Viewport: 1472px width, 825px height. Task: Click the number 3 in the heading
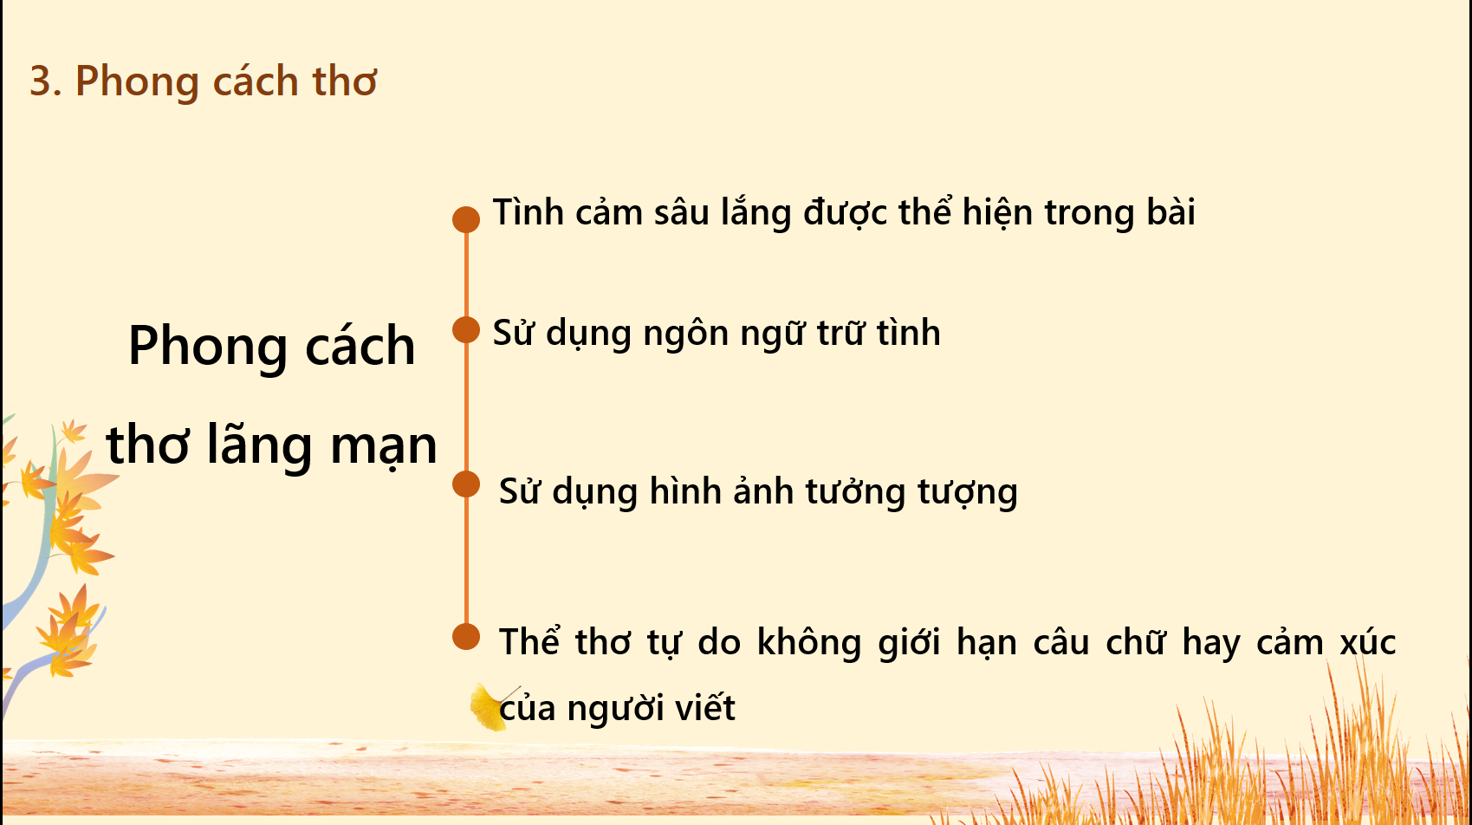point(40,81)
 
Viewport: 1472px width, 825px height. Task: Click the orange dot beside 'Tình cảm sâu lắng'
point(466,219)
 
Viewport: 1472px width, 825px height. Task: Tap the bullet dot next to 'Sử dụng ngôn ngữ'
point(466,329)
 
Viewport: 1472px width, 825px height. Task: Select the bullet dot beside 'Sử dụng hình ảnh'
point(466,484)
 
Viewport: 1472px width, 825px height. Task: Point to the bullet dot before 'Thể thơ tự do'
point(466,636)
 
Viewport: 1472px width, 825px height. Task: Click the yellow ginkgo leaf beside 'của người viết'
point(489,707)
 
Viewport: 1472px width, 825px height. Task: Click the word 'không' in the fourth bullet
point(809,642)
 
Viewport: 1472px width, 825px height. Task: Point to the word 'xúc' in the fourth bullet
point(1368,641)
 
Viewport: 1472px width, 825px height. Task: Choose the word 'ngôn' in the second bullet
point(686,334)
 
